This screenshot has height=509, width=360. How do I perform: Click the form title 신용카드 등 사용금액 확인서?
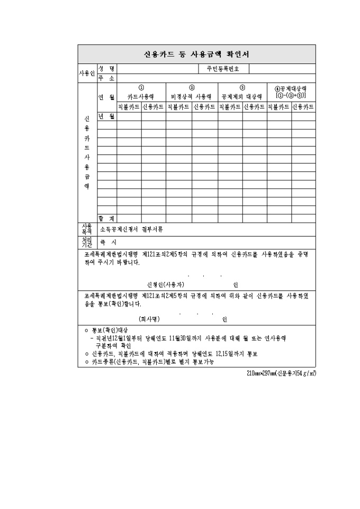196,54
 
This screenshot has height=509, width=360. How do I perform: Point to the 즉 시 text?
109,242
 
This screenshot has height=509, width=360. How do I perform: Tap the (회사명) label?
149,319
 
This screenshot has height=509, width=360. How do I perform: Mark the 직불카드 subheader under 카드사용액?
129,107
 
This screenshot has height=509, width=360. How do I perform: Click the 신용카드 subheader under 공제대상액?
303,107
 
